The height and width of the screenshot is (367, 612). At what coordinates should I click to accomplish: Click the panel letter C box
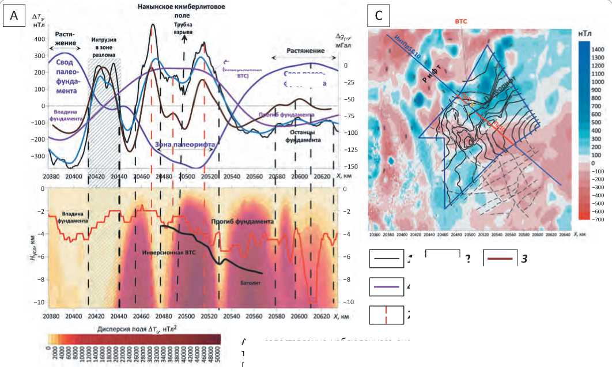click(379, 16)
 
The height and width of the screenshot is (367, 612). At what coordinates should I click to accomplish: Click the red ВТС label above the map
click(461, 21)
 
